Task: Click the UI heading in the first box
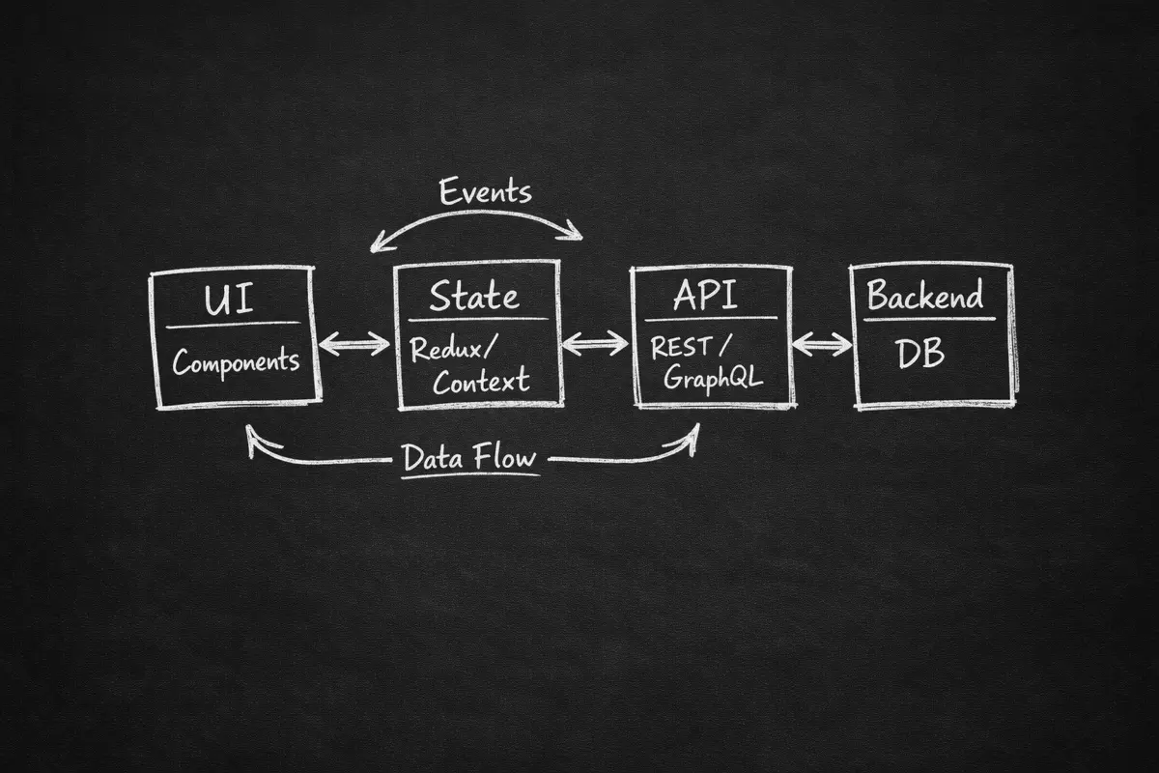tap(229, 300)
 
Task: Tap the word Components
tap(236, 361)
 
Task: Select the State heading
tap(474, 296)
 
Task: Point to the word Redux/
tap(453, 348)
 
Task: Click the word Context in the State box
tap(481, 381)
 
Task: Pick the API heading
tap(705, 294)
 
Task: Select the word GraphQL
tap(713, 377)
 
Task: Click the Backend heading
tap(925, 294)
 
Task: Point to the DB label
tap(919, 354)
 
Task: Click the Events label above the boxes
tap(485, 190)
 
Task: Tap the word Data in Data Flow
tap(433, 458)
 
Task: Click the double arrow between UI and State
tap(354, 344)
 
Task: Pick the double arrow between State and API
tap(595, 343)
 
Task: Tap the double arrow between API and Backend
tap(822, 344)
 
